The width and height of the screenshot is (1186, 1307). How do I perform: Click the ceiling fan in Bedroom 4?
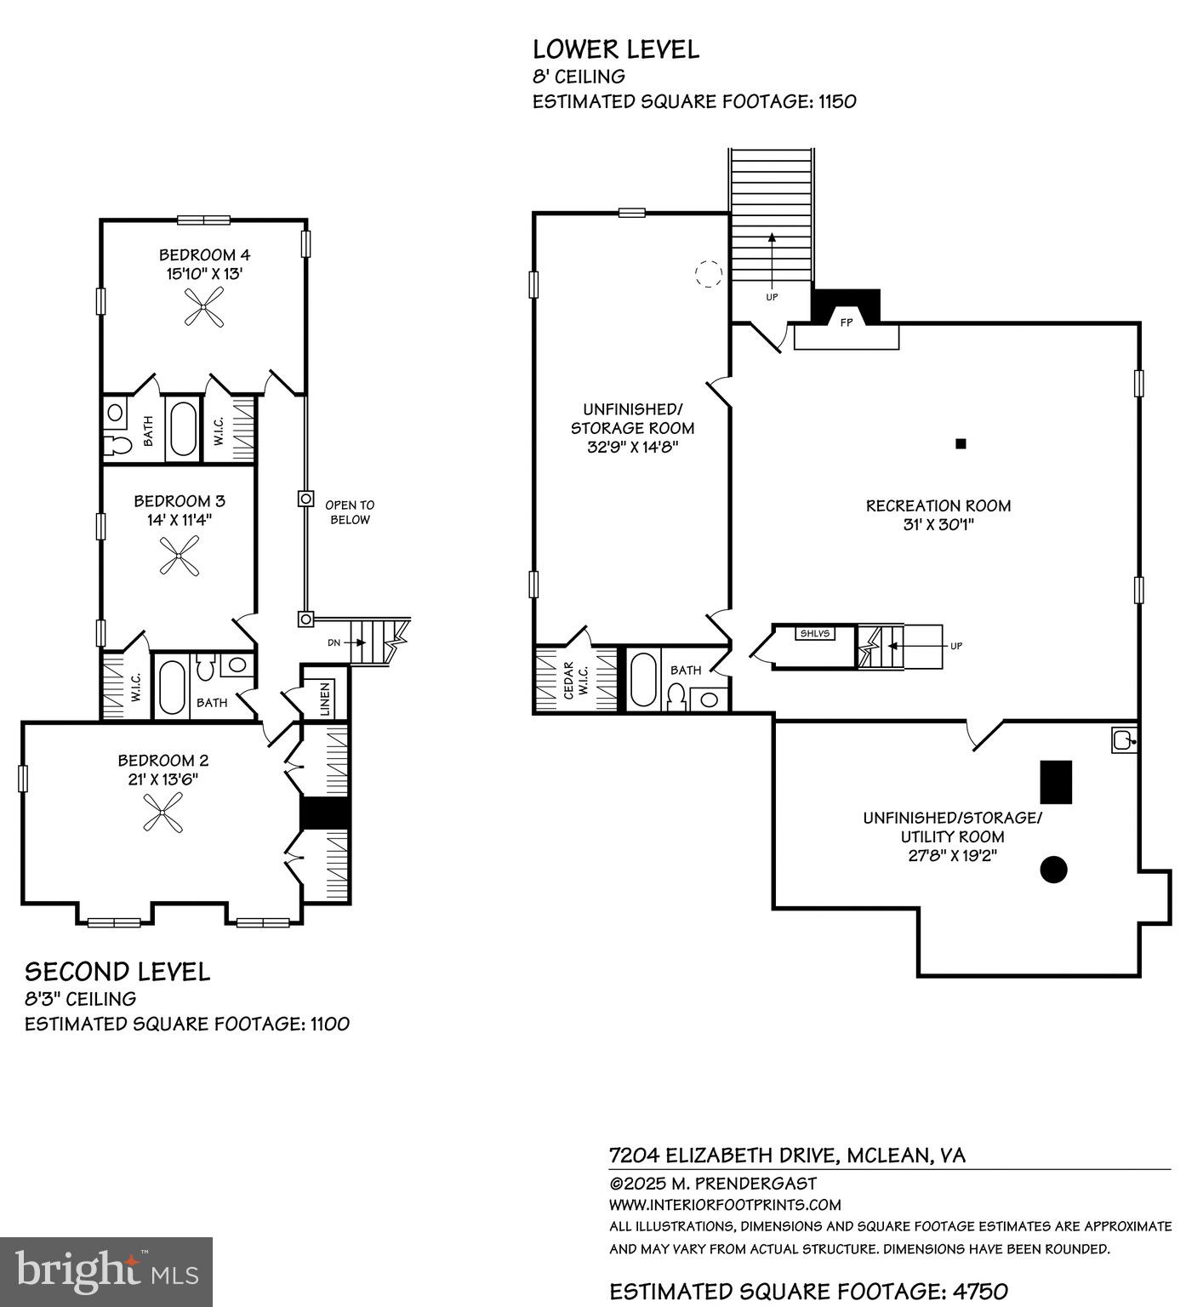point(204,306)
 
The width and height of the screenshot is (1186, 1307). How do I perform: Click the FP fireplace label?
point(846,323)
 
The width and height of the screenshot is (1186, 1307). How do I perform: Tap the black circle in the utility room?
point(1053,869)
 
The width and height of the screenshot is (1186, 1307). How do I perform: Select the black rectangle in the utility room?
point(1056,781)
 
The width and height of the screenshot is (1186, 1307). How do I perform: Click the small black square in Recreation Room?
point(961,443)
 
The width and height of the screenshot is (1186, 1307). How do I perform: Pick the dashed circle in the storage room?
point(709,274)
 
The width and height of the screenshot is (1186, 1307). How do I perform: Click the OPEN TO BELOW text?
point(349,512)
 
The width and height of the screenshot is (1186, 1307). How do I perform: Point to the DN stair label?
point(334,642)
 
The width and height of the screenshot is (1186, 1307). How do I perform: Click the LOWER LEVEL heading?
point(616,49)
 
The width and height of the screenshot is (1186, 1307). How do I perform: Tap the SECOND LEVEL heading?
point(117,972)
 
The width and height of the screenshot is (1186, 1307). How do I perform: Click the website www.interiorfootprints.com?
point(725,1205)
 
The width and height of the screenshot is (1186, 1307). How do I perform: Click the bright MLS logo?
point(106,1271)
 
